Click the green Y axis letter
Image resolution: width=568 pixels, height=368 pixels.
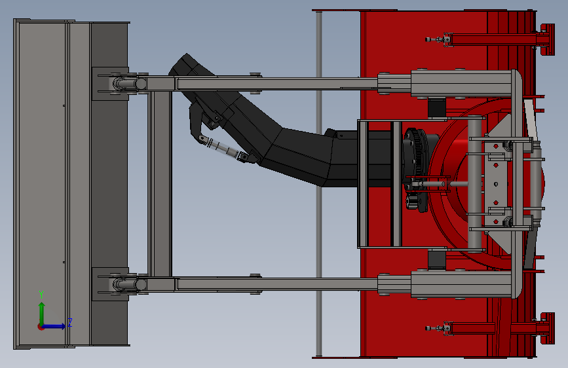tap(41, 294)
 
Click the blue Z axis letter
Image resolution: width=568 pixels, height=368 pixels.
tap(70, 322)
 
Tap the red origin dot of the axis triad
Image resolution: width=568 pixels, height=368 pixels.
tap(41, 327)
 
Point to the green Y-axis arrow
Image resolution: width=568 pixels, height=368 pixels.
tap(42, 314)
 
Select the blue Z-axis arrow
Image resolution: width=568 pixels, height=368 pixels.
tap(54, 326)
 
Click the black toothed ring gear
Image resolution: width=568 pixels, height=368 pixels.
tap(417, 170)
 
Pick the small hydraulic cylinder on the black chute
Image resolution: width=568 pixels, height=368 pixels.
tap(223, 148)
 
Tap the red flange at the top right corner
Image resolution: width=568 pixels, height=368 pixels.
tap(547, 39)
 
